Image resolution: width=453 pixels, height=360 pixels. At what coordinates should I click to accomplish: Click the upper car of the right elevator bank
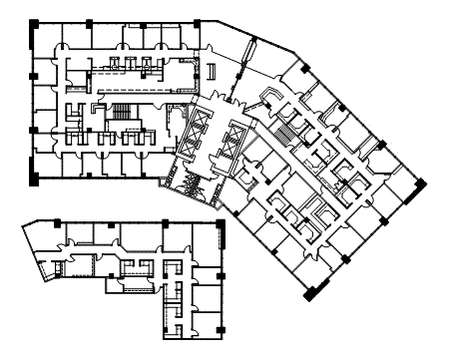coord(237,133)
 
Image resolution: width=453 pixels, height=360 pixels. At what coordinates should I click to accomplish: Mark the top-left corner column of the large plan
coord(34,22)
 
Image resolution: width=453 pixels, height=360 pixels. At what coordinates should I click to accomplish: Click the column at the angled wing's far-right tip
coord(422,183)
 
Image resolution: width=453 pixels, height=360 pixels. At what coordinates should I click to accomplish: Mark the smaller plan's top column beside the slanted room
coord(57,221)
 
